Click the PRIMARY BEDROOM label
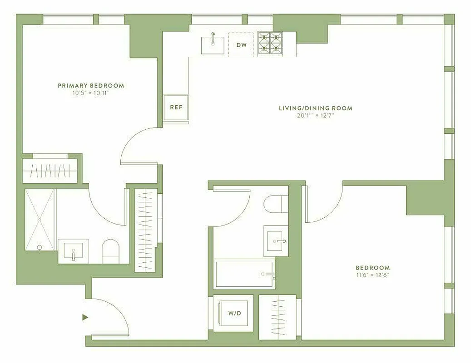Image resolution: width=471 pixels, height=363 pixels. click(x=91, y=85)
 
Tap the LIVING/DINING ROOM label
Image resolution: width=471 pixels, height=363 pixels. click(x=315, y=108)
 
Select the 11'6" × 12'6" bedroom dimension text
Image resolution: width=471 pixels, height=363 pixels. click(x=372, y=275)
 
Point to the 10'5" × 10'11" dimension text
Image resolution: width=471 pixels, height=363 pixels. click(x=91, y=93)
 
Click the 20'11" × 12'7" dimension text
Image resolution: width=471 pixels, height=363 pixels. click(x=315, y=116)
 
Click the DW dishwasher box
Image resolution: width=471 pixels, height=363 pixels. click(x=241, y=44)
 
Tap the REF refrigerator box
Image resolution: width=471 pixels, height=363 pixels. click(x=176, y=108)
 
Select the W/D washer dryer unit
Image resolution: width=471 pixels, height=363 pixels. click(x=233, y=313)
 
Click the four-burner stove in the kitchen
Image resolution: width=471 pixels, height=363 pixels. click(x=270, y=44)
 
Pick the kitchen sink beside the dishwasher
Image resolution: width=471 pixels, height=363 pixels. click(x=213, y=43)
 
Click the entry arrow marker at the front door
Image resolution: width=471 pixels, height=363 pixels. click(x=85, y=317)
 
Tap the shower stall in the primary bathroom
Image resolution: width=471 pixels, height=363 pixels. click(x=40, y=219)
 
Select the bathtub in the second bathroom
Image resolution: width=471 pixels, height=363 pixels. click(x=244, y=274)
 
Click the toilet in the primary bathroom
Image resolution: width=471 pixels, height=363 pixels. click(x=110, y=251)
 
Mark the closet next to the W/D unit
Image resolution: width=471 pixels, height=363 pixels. click(x=277, y=317)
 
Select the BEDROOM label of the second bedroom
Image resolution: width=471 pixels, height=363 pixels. click(x=372, y=268)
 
